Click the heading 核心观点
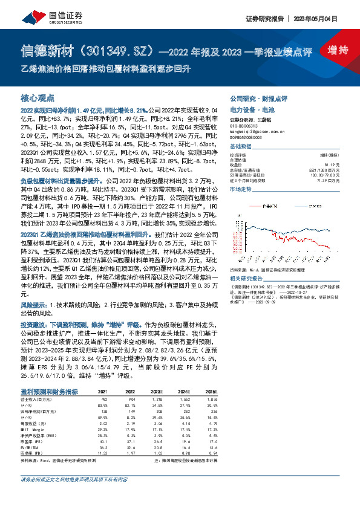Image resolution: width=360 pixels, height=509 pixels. pos(38,97)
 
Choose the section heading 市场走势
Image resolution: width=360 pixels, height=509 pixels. pos(241,189)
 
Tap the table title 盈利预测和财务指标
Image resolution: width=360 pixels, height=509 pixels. pos(48,376)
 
